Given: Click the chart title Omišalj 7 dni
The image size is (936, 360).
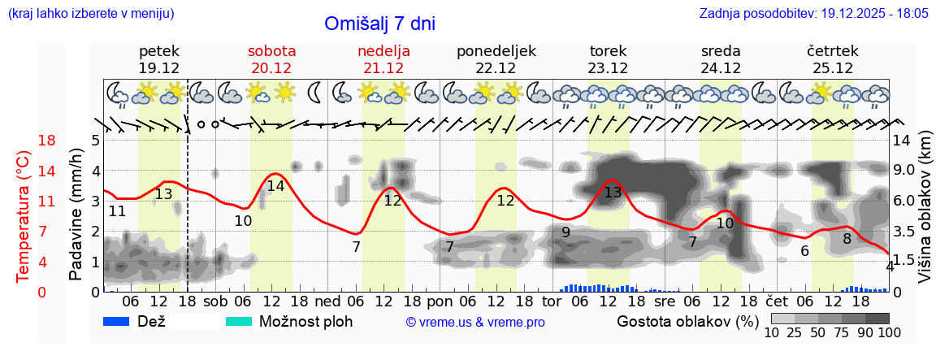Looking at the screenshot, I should pyautogui.click(x=379, y=24).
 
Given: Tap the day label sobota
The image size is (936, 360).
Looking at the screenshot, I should pyautogui.click(x=271, y=51).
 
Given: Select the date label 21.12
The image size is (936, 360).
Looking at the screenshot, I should pyautogui.click(x=383, y=68).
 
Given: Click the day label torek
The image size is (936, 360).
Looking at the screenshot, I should pyautogui.click(x=608, y=51).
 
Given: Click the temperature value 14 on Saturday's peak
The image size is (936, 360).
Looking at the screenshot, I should pyautogui.click(x=275, y=185).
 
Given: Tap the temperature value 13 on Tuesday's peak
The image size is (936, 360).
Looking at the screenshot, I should pyautogui.click(x=613, y=193).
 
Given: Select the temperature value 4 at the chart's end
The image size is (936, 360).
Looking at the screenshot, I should pyautogui.click(x=890, y=266).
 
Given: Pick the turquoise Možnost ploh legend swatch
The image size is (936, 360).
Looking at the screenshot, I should pyautogui.click(x=239, y=321).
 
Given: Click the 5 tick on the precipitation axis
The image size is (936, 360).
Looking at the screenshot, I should pyautogui.click(x=95, y=141).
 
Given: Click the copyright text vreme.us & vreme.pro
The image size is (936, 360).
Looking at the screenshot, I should pyautogui.click(x=475, y=322).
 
